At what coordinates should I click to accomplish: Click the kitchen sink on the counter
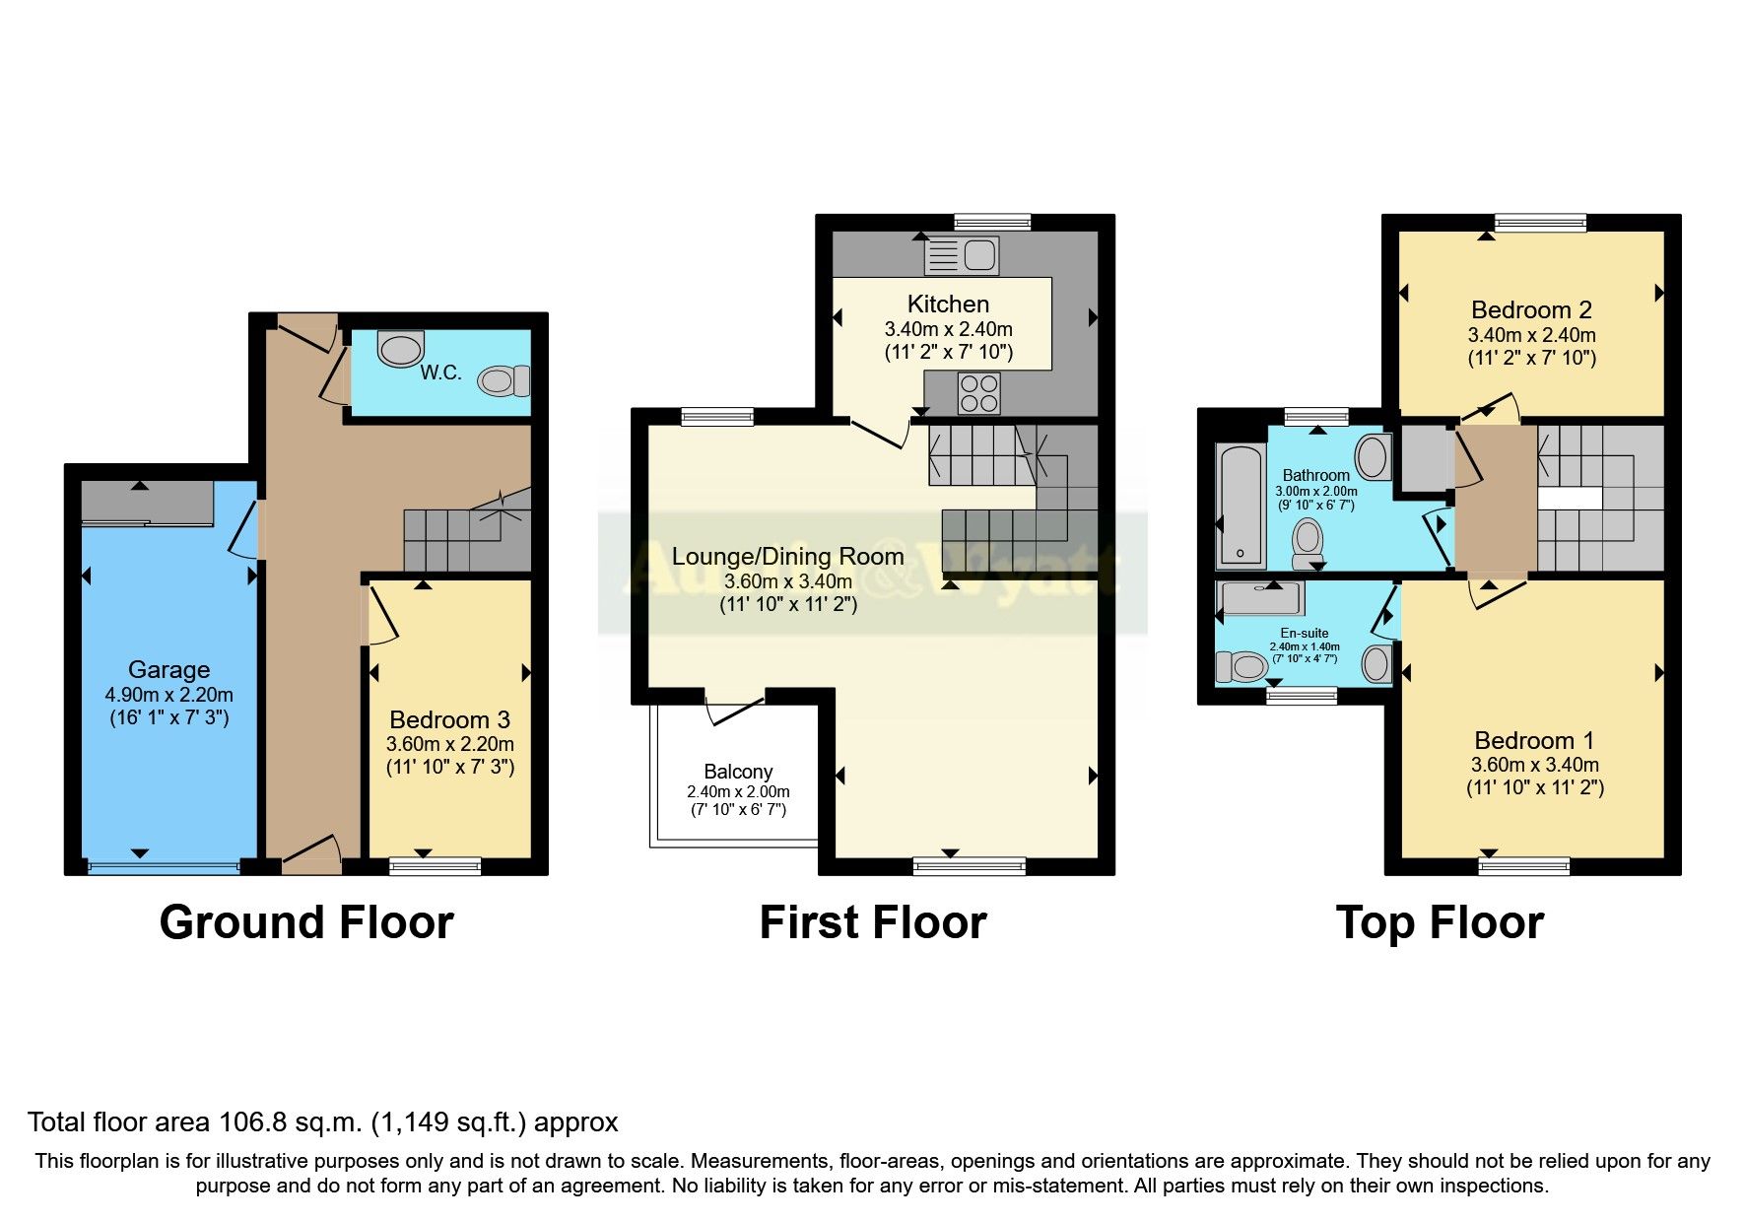pyautogui.click(x=961, y=256)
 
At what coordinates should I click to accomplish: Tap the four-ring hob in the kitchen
pyautogui.click(x=978, y=393)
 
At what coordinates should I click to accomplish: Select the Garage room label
pyautogui.click(x=168, y=670)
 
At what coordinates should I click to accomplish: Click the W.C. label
pyautogui.click(x=440, y=373)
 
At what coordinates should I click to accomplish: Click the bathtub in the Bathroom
pyautogui.click(x=1242, y=507)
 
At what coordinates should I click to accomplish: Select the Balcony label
pyautogui.click(x=738, y=772)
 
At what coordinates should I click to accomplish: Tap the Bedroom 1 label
pyautogui.click(x=1533, y=740)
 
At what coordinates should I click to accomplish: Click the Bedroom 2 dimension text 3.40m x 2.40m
pyautogui.click(x=1531, y=335)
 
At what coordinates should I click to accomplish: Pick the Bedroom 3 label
pyautogui.click(x=449, y=719)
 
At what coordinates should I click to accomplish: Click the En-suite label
pyautogui.click(x=1304, y=633)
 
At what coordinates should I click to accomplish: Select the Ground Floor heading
pyautogui.click(x=306, y=922)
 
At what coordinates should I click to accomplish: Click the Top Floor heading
pyautogui.click(x=1439, y=922)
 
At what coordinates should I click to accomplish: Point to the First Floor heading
pyautogui.click(x=872, y=922)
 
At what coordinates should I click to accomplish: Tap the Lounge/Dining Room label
pyautogui.click(x=787, y=556)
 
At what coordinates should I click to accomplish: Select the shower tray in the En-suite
pyautogui.click(x=1261, y=597)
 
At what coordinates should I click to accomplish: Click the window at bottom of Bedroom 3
pyautogui.click(x=435, y=866)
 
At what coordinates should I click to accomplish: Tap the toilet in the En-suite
pyautogui.click(x=1241, y=667)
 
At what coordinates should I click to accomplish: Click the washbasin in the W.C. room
pyautogui.click(x=400, y=348)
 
